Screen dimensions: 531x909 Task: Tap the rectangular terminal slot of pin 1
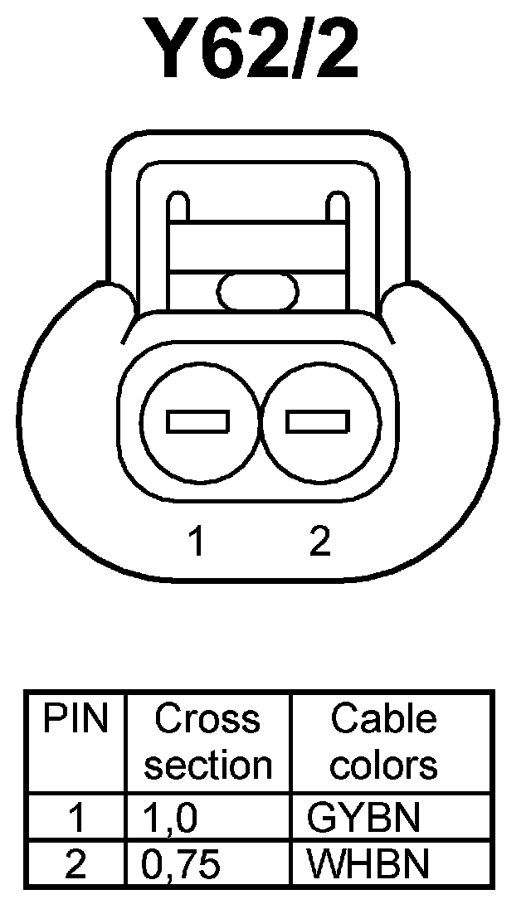point(197,421)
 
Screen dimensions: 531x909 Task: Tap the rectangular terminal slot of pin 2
point(316,421)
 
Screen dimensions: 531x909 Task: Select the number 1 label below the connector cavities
point(196,542)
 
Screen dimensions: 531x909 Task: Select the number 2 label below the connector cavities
point(319,542)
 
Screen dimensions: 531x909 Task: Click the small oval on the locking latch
point(257,291)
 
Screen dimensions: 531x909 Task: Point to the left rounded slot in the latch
point(178,207)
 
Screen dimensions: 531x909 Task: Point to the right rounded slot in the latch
point(337,207)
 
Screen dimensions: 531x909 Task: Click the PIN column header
point(76,720)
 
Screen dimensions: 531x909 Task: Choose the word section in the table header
point(207,765)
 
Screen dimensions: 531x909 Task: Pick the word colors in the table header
point(383,765)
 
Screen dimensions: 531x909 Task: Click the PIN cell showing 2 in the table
point(76,865)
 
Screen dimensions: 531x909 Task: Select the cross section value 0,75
point(181,865)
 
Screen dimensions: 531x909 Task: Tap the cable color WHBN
point(368,865)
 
